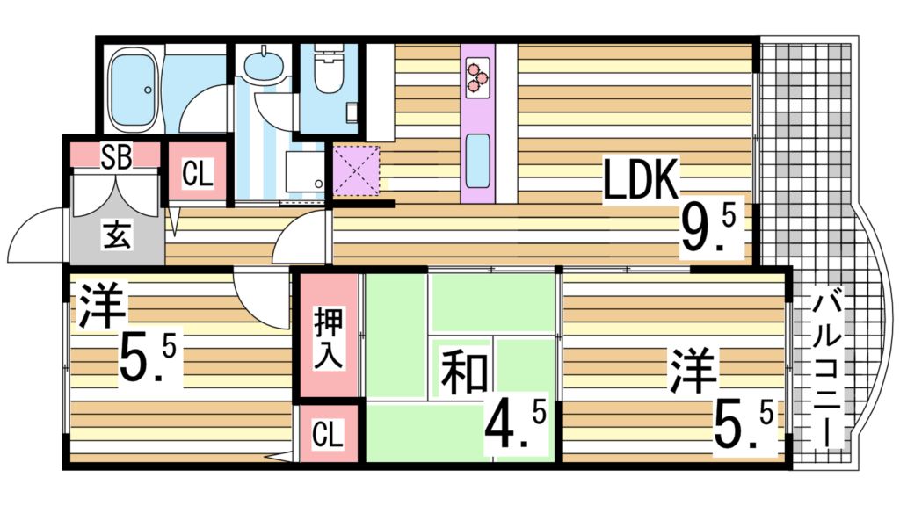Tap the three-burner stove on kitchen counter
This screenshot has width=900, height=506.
[x=478, y=75]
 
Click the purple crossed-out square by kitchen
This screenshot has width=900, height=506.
[x=355, y=171]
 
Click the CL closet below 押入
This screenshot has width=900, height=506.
[x=327, y=433]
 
